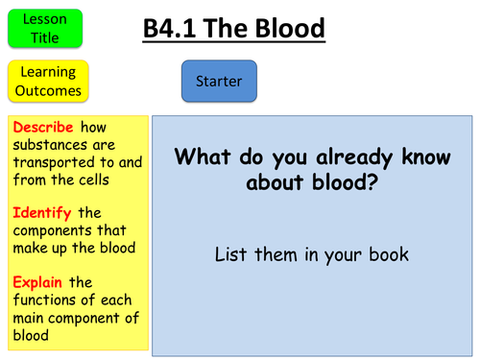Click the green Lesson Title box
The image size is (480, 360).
click(x=44, y=28)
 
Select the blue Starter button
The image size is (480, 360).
click(x=219, y=82)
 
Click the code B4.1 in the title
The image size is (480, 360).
click(x=176, y=30)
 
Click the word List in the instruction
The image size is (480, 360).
click(x=231, y=255)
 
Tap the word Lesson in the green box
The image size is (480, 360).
click(x=44, y=19)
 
